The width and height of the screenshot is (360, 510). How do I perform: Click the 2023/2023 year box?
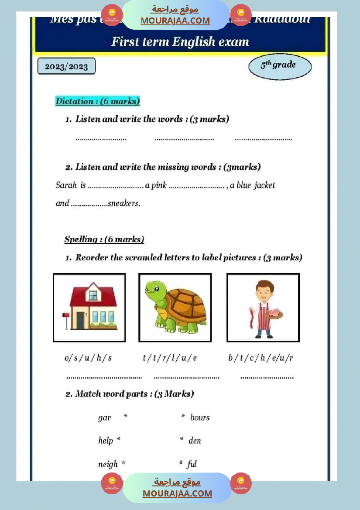(x=66, y=67)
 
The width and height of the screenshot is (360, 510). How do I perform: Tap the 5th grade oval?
(x=280, y=67)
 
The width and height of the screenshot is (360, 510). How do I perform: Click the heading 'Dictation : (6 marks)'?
(x=97, y=101)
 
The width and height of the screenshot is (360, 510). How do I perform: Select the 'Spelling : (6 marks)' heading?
(x=104, y=239)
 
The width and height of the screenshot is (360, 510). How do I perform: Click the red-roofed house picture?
(x=93, y=307)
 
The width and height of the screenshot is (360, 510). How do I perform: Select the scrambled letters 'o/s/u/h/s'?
(x=88, y=358)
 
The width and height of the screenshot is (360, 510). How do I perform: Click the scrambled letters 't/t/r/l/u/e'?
(x=170, y=358)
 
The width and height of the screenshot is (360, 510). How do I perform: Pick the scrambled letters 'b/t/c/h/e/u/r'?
(x=261, y=358)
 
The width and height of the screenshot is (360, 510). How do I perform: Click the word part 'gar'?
(x=104, y=418)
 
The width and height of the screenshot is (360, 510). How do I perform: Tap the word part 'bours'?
(x=200, y=418)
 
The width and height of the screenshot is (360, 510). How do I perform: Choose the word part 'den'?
(x=195, y=441)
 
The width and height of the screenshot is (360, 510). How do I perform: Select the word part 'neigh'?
(x=108, y=464)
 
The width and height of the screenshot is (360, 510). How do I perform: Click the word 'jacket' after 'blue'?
(x=264, y=185)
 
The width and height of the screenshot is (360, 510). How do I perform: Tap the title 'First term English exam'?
(x=180, y=42)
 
